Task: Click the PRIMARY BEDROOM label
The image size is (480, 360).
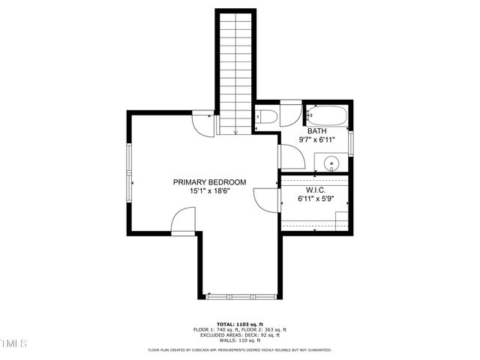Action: pyautogui.click(x=209, y=182)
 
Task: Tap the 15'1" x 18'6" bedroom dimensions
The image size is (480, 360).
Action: pyautogui.click(x=209, y=191)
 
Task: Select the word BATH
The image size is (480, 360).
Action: pyautogui.click(x=316, y=130)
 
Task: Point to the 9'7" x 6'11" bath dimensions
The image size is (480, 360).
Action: pyautogui.click(x=316, y=139)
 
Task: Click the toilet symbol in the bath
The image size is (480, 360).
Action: pyautogui.click(x=265, y=116)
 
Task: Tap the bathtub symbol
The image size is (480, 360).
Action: pyautogui.click(x=326, y=115)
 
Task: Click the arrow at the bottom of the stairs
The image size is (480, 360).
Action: pyautogui.click(x=235, y=131)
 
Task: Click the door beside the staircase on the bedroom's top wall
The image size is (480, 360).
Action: pyautogui.click(x=203, y=121)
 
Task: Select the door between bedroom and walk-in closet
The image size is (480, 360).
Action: pyautogui.click(x=265, y=201)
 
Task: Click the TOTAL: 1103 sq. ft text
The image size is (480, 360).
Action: pyautogui.click(x=240, y=323)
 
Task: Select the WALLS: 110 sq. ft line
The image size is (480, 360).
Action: pyautogui.click(x=240, y=340)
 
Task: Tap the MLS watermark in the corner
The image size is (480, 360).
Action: pyautogui.click(x=13, y=343)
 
